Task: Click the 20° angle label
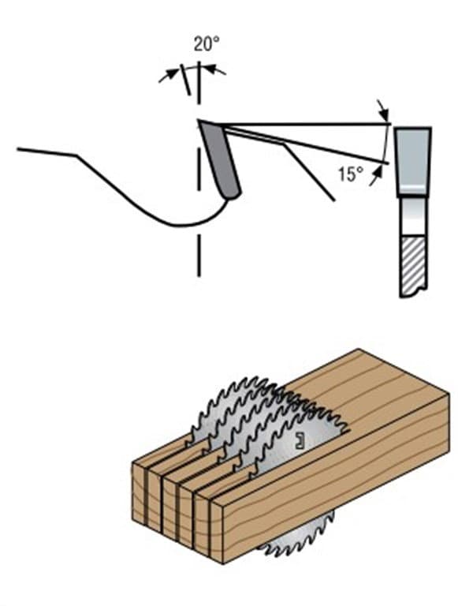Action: (x=207, y=44)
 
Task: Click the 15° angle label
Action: (x=351, y=174)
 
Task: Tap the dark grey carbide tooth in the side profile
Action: (x=219, y=159)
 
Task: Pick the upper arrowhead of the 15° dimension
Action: (x=383, y=114)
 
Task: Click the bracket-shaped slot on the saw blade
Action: (x=299, y=440)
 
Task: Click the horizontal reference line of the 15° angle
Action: (x=306, y=125)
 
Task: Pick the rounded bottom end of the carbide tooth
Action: (x=233, y=194)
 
